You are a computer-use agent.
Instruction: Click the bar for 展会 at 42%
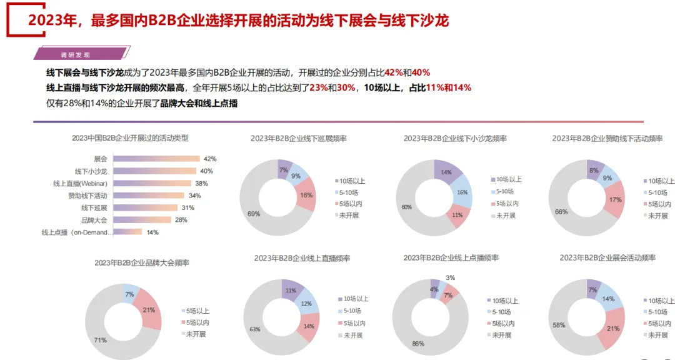click(x=156, y=159)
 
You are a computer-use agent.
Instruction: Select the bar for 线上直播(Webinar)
click(x=152, y=183)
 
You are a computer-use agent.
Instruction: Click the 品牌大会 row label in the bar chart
click(x=94, y=220)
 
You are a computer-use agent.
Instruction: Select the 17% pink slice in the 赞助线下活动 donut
click(x=614, y=200)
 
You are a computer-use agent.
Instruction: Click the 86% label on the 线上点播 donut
click(x=418, y=344)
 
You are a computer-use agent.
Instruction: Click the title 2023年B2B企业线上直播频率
click(x=302, y=258)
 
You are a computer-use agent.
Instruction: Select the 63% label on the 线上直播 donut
click(x=254, y=329)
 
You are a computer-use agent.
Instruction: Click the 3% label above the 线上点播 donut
click(x=450, y=277)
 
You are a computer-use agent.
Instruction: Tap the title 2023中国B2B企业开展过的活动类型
click(x=130, y=137)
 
